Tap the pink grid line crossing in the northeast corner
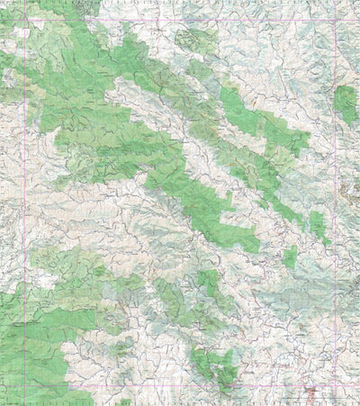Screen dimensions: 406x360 [x=335, y=20]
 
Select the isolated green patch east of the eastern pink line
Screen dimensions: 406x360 [x=346, y=104]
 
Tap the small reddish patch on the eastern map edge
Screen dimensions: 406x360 [x=354, y=190]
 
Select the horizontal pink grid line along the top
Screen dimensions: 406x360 [x=180, y=20]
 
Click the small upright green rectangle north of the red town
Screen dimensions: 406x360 [x=290, y=257]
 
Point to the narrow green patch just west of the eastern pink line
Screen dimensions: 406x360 [x=318, y=225]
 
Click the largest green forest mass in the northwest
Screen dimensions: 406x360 [x=99, y=117]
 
